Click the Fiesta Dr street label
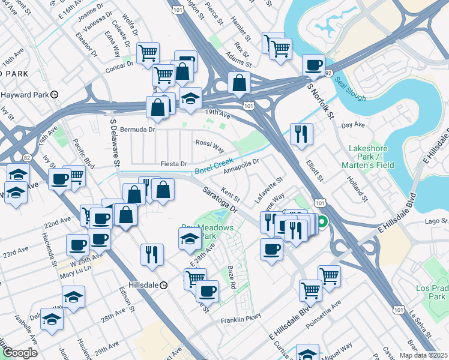[x=174, y=164]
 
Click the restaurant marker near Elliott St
[x=300, y=134]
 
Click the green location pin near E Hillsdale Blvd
[x=322, y=223]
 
